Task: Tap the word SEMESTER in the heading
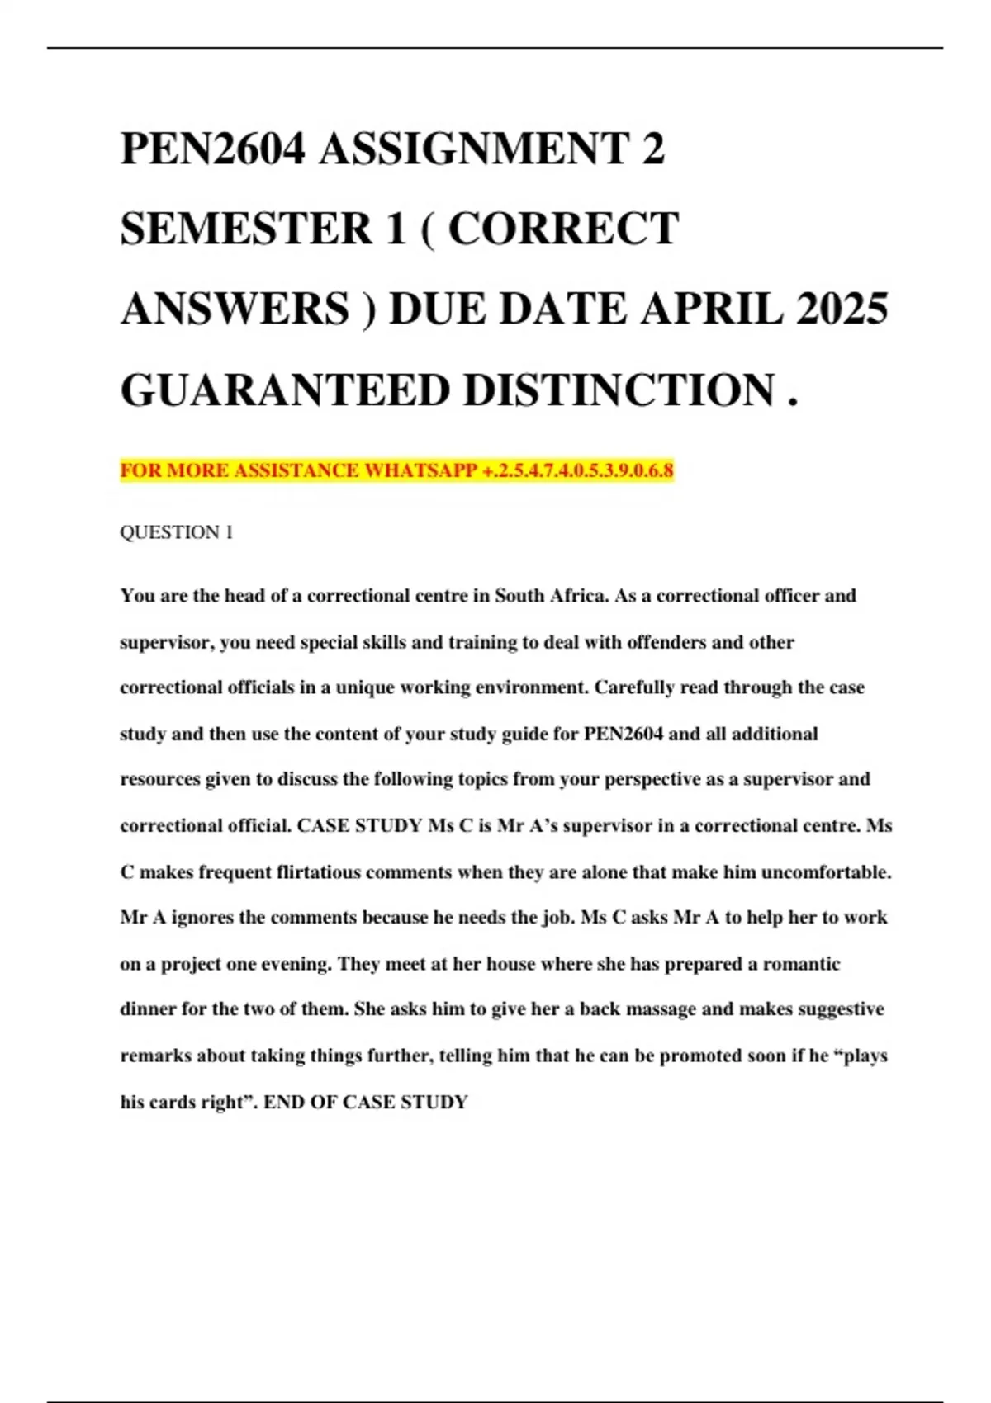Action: click(x=246, y=229)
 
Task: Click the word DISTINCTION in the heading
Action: click(x=619, y=390)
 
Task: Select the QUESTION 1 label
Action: click(x=176, y=532)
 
